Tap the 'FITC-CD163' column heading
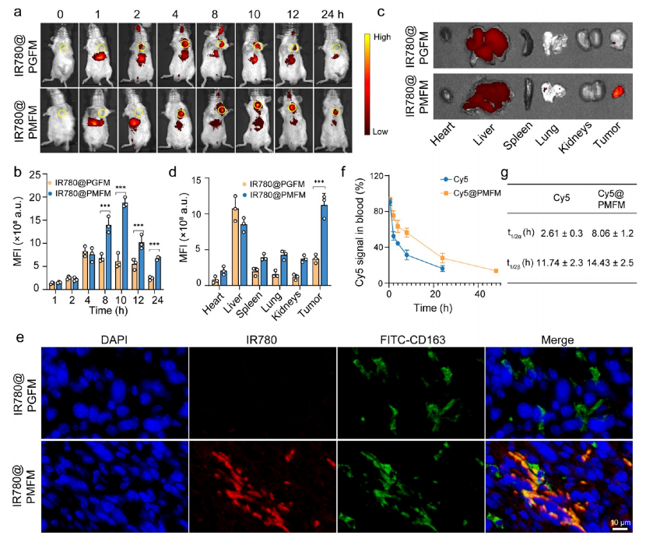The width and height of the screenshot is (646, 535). pos(409,340)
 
